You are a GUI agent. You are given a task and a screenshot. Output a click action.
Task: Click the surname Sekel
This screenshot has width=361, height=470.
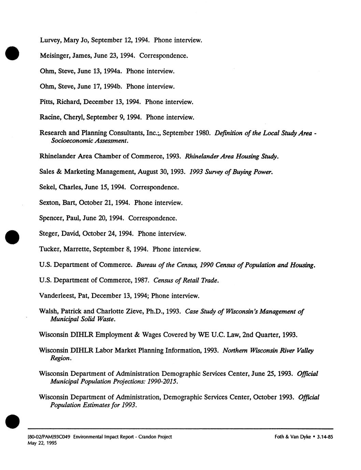coord(47,187)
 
